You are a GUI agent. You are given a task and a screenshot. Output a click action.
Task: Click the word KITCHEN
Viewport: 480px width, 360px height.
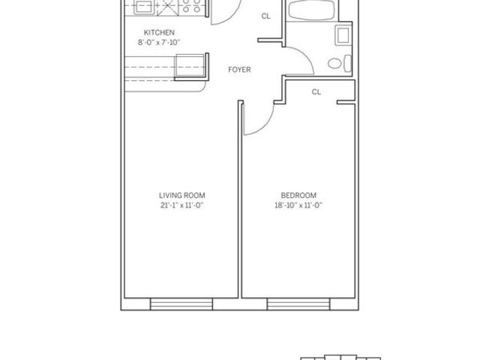coord(160,33)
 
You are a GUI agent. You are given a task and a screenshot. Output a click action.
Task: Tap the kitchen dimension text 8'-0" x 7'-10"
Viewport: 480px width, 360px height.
coord(160,43)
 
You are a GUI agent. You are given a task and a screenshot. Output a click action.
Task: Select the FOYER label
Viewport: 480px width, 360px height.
coord(239,70)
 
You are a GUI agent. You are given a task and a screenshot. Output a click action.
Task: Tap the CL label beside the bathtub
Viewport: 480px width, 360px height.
coord(265,16)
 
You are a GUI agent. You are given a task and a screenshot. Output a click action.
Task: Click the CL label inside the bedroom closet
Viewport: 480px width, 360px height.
coord(316,92)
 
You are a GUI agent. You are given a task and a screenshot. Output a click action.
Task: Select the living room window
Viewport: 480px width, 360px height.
coord(181,304)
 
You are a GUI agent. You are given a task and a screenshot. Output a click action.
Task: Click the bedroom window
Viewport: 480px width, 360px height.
coord(299,304)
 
